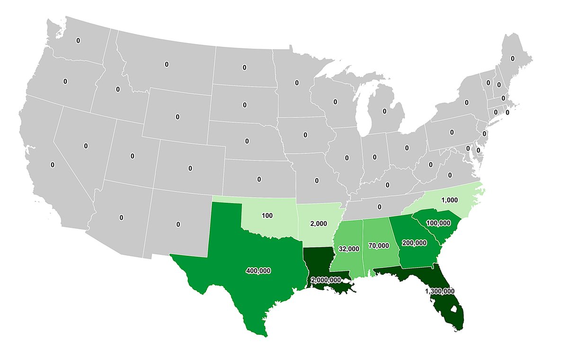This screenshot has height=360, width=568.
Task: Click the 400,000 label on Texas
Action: (258, 270)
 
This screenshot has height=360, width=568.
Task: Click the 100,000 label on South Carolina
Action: (438, 223)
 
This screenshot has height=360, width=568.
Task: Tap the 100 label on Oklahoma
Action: (267, 216)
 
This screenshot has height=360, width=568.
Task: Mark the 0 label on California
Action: (52, 165)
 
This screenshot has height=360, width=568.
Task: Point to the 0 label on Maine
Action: (512, 58)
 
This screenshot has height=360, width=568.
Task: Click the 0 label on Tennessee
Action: (380, 207)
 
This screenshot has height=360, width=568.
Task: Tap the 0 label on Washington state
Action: (78, 41)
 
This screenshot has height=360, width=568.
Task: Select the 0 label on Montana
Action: (166, 64)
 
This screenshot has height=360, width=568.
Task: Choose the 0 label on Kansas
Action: (259, 179)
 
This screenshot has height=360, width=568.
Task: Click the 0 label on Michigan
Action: (384, 111)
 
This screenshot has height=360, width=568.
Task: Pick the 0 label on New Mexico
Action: (178, 224)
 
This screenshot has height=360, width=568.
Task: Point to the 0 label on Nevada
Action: (86, 146)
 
